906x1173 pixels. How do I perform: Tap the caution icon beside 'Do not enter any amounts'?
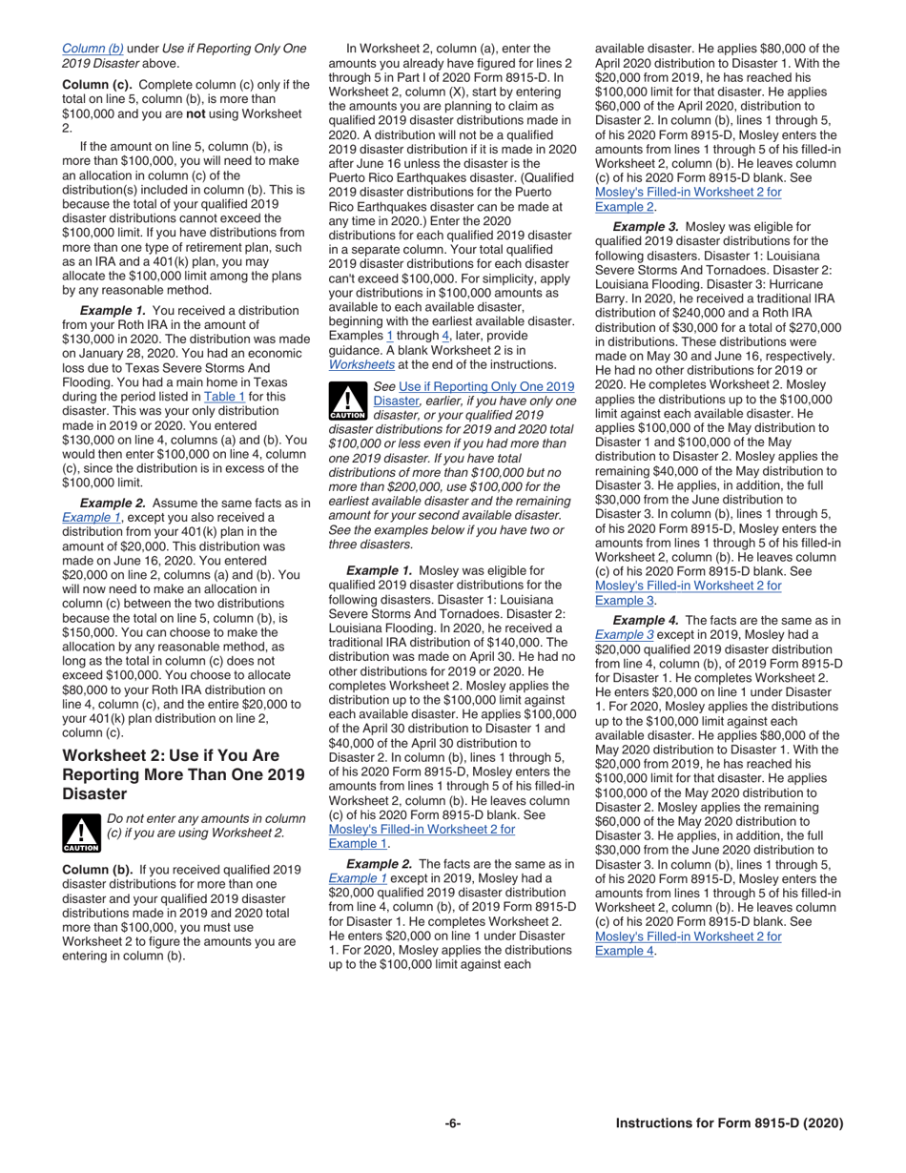point(80,833)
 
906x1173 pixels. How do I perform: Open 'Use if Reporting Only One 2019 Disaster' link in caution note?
point(475,393)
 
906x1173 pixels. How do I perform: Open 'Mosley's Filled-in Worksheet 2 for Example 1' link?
point(422,836)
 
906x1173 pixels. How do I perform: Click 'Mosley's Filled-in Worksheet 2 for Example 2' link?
point(688,198)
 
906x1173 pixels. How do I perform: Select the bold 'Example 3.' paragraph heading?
point(646,227)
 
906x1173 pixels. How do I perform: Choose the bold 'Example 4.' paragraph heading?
point(646,620)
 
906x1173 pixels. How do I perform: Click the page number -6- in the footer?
point(453,1123)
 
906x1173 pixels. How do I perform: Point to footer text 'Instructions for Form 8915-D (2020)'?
point(730,1123)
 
